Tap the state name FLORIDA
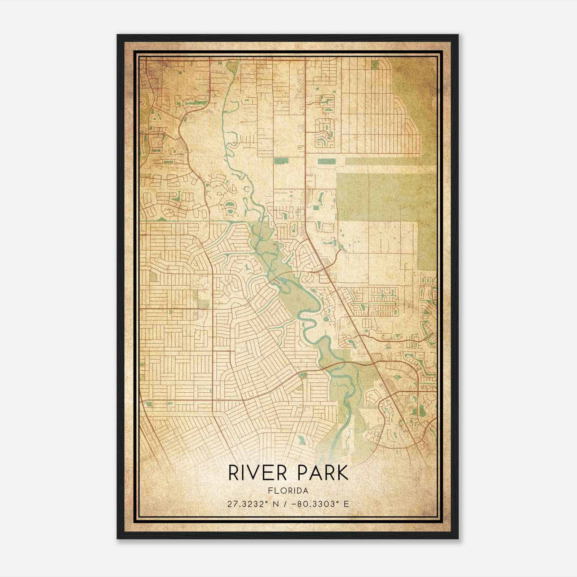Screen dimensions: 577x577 point(288,491)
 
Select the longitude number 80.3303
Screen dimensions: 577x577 point(320,504)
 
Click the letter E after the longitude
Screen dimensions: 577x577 point(346,504)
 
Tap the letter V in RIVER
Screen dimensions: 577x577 point(255,473)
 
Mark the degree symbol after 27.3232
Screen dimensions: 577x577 point(267,502)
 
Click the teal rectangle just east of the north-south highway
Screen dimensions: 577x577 point(326,161)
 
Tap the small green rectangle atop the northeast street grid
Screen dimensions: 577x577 point(374,64)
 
